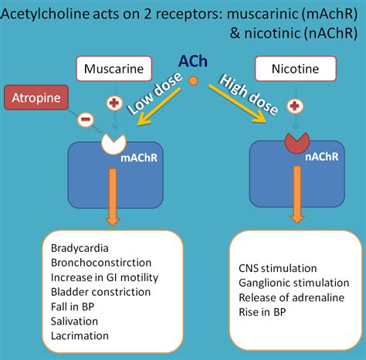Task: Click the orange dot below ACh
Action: coord(193,80)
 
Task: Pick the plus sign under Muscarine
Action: coord(114,104)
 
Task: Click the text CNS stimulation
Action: coord(278,267)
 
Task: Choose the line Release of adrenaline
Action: coord(286,297)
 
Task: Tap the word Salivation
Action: coord(74,321)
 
